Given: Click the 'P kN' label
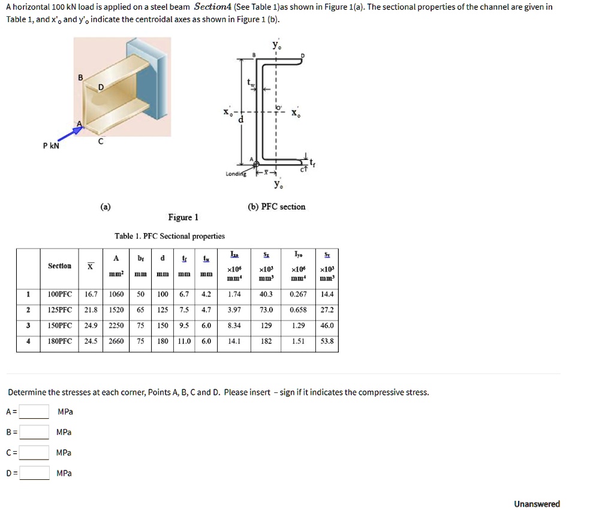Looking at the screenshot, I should click(x=51, y=146).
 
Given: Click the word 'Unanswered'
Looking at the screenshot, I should click(x=537, y=504).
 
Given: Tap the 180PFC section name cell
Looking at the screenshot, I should click(x=59, y=341).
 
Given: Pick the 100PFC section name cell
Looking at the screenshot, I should click(x=59, y=294).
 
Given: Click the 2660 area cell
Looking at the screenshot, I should click(x=116, y=341).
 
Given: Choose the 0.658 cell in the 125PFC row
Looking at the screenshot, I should click(x=298, y=310).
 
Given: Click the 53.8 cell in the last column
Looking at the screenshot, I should click(x=327, y=341).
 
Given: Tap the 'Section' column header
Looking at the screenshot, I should click(x=59, y=266).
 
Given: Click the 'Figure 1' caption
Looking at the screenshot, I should click(x=183, y=217).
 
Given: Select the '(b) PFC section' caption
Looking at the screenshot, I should click(x=276, y=207).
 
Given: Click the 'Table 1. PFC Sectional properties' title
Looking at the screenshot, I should click(x=170, y=236).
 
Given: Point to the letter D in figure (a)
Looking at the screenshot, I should click(x=101, y=87).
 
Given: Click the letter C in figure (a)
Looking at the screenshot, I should click(x=101, y=142).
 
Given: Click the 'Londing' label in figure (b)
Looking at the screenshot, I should click(x=235, y=174).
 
